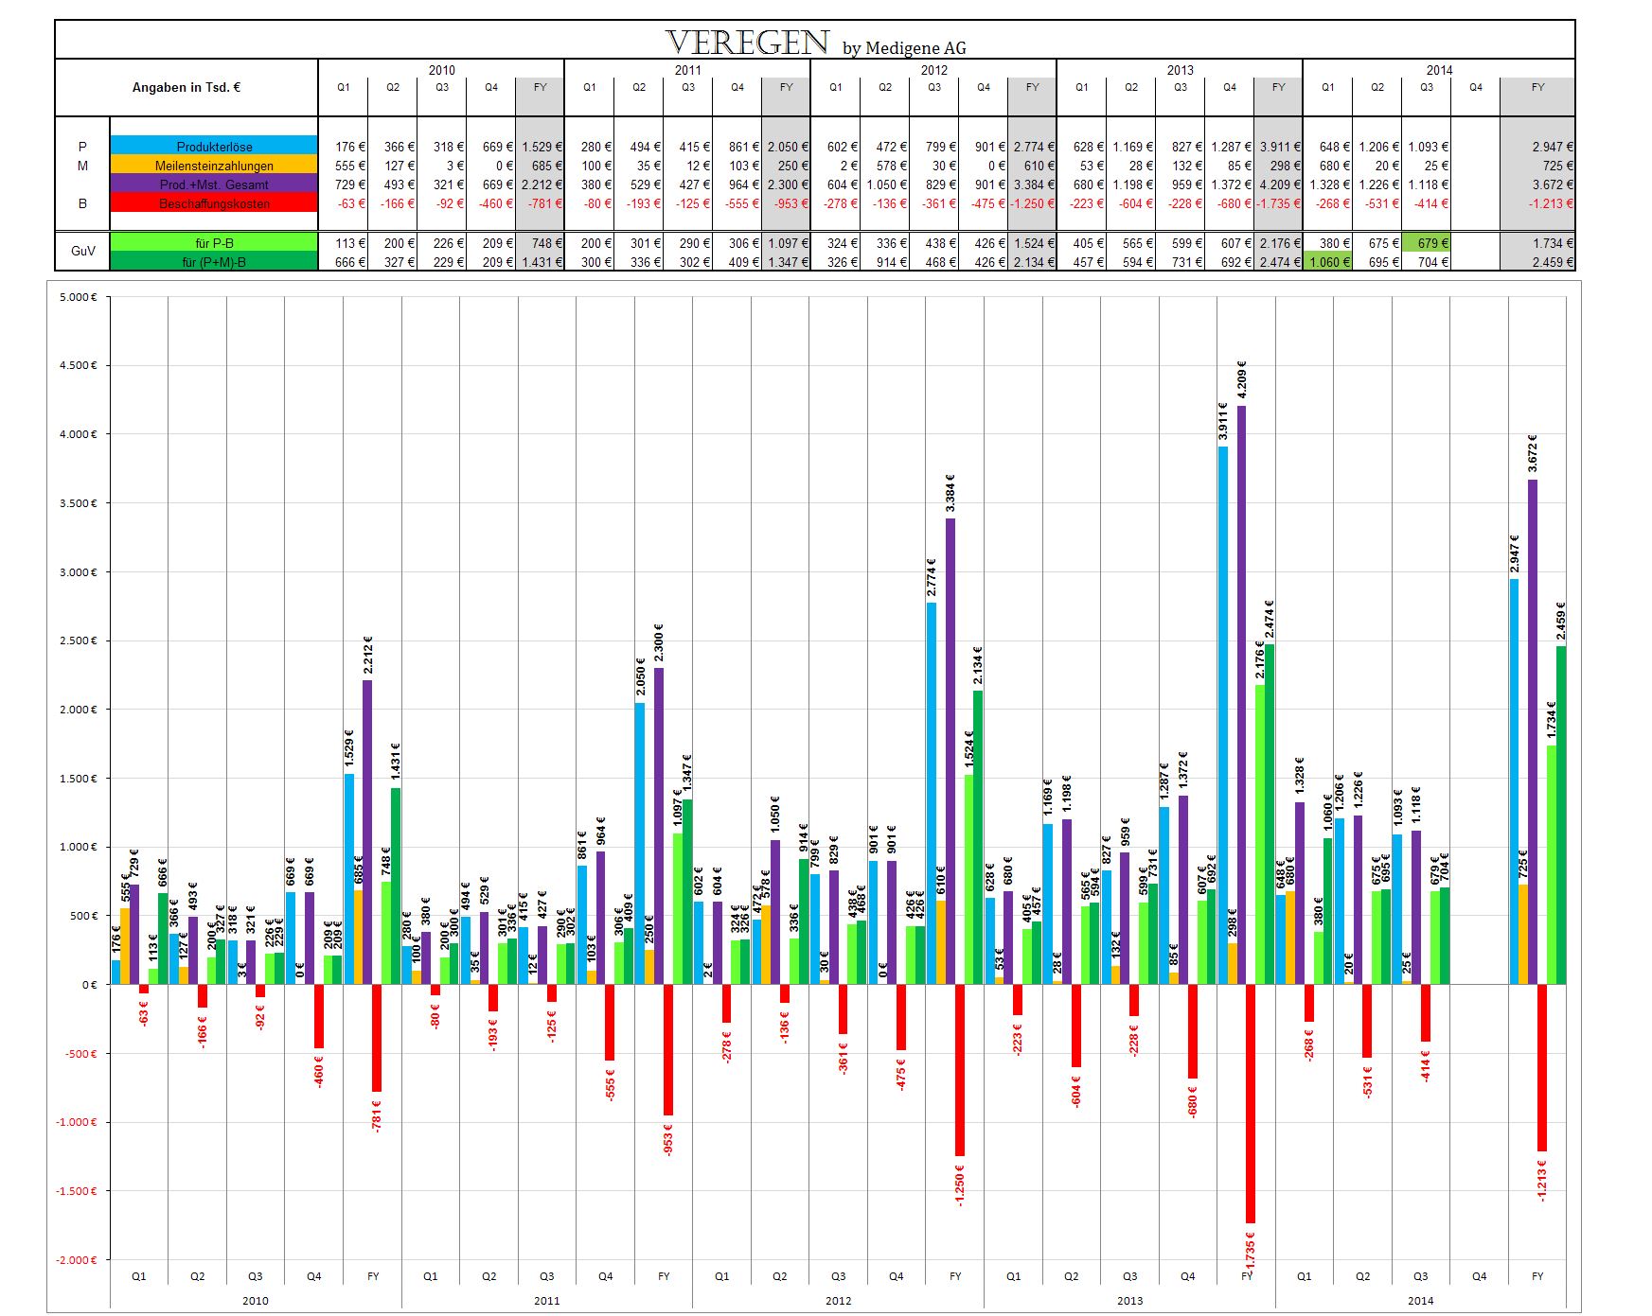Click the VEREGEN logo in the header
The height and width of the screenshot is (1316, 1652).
tap(747, 42)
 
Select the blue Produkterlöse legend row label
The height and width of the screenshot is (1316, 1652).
tap(214, 147)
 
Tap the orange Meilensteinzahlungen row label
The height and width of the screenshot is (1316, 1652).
tap(214, 166)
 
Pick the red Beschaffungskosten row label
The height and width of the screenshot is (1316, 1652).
tap(214, 203)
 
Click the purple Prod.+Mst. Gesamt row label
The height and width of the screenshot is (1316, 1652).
tap(214, 184)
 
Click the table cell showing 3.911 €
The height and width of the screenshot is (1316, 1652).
tap(1279, 147)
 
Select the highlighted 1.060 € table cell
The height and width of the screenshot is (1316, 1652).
tap(1328, 262)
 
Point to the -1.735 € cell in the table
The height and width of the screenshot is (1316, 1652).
tap(1279, 203)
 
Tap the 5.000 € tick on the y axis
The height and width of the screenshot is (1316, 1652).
tap(78, 297)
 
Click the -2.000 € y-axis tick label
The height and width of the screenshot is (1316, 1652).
tap(78, 1260)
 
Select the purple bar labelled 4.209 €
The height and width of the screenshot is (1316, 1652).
tap(1241, 695)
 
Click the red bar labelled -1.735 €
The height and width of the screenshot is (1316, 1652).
tap(1251, 1103)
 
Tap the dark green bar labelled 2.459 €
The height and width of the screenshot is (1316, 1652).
tap(1561, 815)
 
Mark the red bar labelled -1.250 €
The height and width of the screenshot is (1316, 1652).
tap(960, 1070)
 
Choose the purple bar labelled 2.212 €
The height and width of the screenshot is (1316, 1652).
tap(367, 832)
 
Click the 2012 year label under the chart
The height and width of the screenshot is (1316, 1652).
tap(838, 1301)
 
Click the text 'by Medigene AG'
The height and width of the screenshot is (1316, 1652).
tap(904, 48)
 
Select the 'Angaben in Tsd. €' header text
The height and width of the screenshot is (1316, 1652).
tap(187, 87)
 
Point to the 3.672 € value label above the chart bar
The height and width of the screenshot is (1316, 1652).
tap(1532, 453)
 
